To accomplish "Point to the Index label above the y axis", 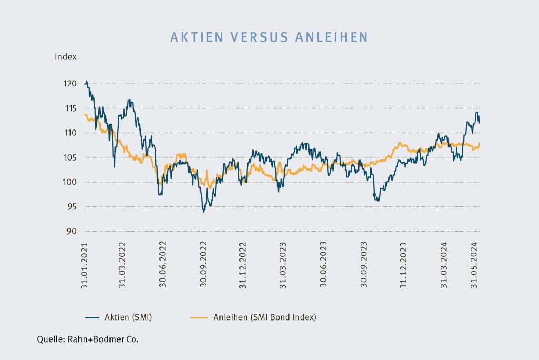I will pos(66,57).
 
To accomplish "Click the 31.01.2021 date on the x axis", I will pos(85,265).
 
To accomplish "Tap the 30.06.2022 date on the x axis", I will pos(163,265).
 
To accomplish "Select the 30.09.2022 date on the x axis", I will pos(203,265).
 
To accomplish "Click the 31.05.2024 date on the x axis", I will pos(477,265).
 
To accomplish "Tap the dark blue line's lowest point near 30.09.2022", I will pos(203,212).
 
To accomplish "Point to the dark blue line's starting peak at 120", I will pos(86,81).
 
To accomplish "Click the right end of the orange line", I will pos(480,143).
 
